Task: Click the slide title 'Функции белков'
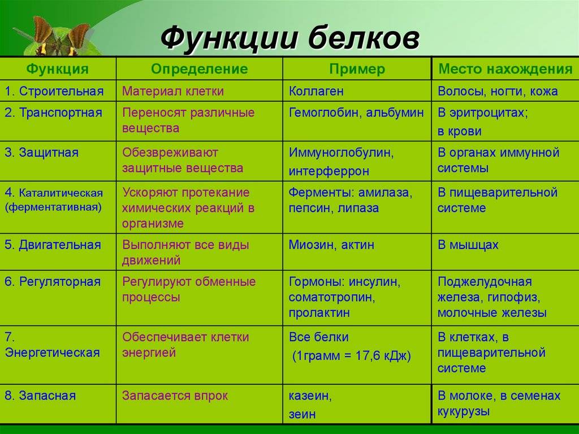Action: [290, 38]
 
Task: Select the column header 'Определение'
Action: [200, 69]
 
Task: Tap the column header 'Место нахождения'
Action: [505, 69]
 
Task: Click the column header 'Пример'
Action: [357, 70]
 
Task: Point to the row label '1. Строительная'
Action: [54, 91]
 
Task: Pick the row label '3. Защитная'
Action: [42, 152]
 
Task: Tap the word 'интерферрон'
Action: [329, 171]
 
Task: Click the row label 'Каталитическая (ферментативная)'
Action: [54, 200]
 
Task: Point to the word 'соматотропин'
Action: [331, 297]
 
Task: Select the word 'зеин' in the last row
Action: [302, 414]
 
